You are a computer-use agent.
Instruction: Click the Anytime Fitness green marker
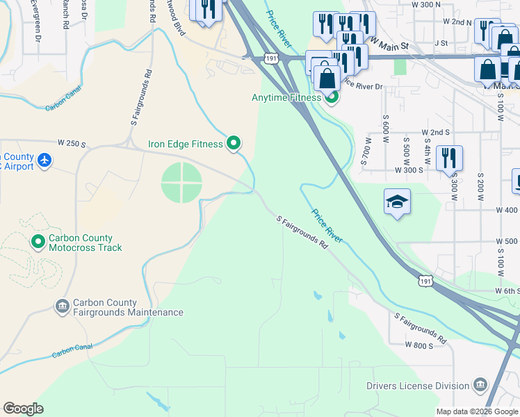(x=332, y=98)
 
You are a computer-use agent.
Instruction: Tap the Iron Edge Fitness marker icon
(x=234, y=144)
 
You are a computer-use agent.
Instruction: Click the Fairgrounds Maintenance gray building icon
(x=62, y=306)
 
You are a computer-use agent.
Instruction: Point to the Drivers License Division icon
(x=480, y=386)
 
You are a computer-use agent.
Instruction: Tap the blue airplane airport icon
(x=45, y=161)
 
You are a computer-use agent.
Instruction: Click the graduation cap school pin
(x=397, y=202)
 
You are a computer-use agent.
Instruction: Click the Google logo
(x=23, y=409)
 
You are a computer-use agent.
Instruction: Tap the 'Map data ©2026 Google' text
(x=476, y=411)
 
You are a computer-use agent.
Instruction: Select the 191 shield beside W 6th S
(x=427, y=280)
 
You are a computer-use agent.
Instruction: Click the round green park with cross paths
(x=181, y=183)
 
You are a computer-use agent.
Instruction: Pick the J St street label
(x=440, y=42)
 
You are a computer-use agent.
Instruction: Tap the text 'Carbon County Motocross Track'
(x=85, y=243)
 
